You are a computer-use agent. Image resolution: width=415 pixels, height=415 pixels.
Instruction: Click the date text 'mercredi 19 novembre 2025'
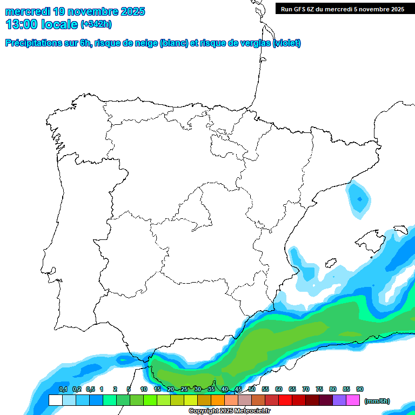coord(75,11)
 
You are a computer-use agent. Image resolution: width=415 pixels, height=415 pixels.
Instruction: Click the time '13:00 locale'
coord(42,24)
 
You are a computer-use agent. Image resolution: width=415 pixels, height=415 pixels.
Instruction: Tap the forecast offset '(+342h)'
coord(96,24)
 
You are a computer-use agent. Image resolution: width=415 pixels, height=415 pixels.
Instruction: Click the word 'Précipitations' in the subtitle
coord(32,43)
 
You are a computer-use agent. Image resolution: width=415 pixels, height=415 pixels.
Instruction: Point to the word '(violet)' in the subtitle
coord(287,43)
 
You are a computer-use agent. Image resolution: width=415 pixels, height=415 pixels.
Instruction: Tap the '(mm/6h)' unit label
coord(377,401)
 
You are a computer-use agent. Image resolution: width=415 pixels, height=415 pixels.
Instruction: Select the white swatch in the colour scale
coord(55,400)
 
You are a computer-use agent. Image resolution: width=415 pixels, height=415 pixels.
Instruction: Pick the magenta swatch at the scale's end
coord(353,400)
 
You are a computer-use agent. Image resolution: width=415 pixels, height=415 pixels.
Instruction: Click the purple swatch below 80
coord(339,400)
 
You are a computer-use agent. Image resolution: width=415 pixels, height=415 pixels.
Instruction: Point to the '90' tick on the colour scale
coord(360,390)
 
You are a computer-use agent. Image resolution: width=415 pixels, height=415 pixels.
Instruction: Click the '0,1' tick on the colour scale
coord(63,390)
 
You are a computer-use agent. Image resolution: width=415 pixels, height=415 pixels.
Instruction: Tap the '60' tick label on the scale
coord(279,390)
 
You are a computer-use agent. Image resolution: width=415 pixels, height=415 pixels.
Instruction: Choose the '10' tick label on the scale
coord(144,390)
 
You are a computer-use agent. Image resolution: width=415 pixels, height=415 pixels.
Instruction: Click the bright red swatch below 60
coord(285,400)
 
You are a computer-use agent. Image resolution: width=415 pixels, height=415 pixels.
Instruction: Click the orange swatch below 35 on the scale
coord(218,400)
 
